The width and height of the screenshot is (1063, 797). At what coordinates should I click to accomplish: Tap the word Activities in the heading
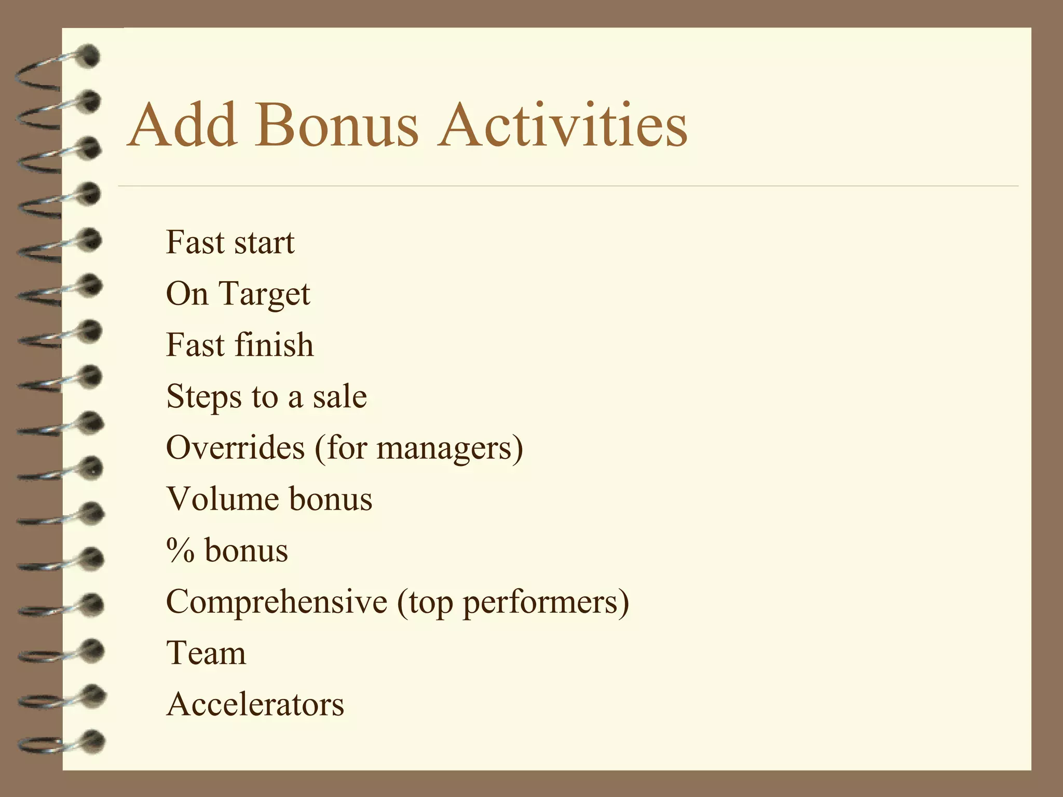tap(563, 125)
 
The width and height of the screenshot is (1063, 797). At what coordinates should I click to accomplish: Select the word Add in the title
tap(182, 125)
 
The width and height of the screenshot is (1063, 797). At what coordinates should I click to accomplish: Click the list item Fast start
tap(230, 242)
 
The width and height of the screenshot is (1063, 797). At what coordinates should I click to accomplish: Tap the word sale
tap(339, 397)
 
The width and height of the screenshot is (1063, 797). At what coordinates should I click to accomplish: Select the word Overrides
tap(235, 447)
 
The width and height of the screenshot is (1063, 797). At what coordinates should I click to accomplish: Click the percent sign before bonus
tap(180, 551)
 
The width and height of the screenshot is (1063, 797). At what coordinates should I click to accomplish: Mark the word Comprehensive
tap(277, 602)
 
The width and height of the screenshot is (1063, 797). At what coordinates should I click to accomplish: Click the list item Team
tap(206, 653)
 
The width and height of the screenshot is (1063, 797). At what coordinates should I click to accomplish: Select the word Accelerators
tap(255, 704)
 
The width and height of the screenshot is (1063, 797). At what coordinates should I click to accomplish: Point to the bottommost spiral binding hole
tap(93, 740)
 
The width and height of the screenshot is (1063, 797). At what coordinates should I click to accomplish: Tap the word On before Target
tap(187, 294)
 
